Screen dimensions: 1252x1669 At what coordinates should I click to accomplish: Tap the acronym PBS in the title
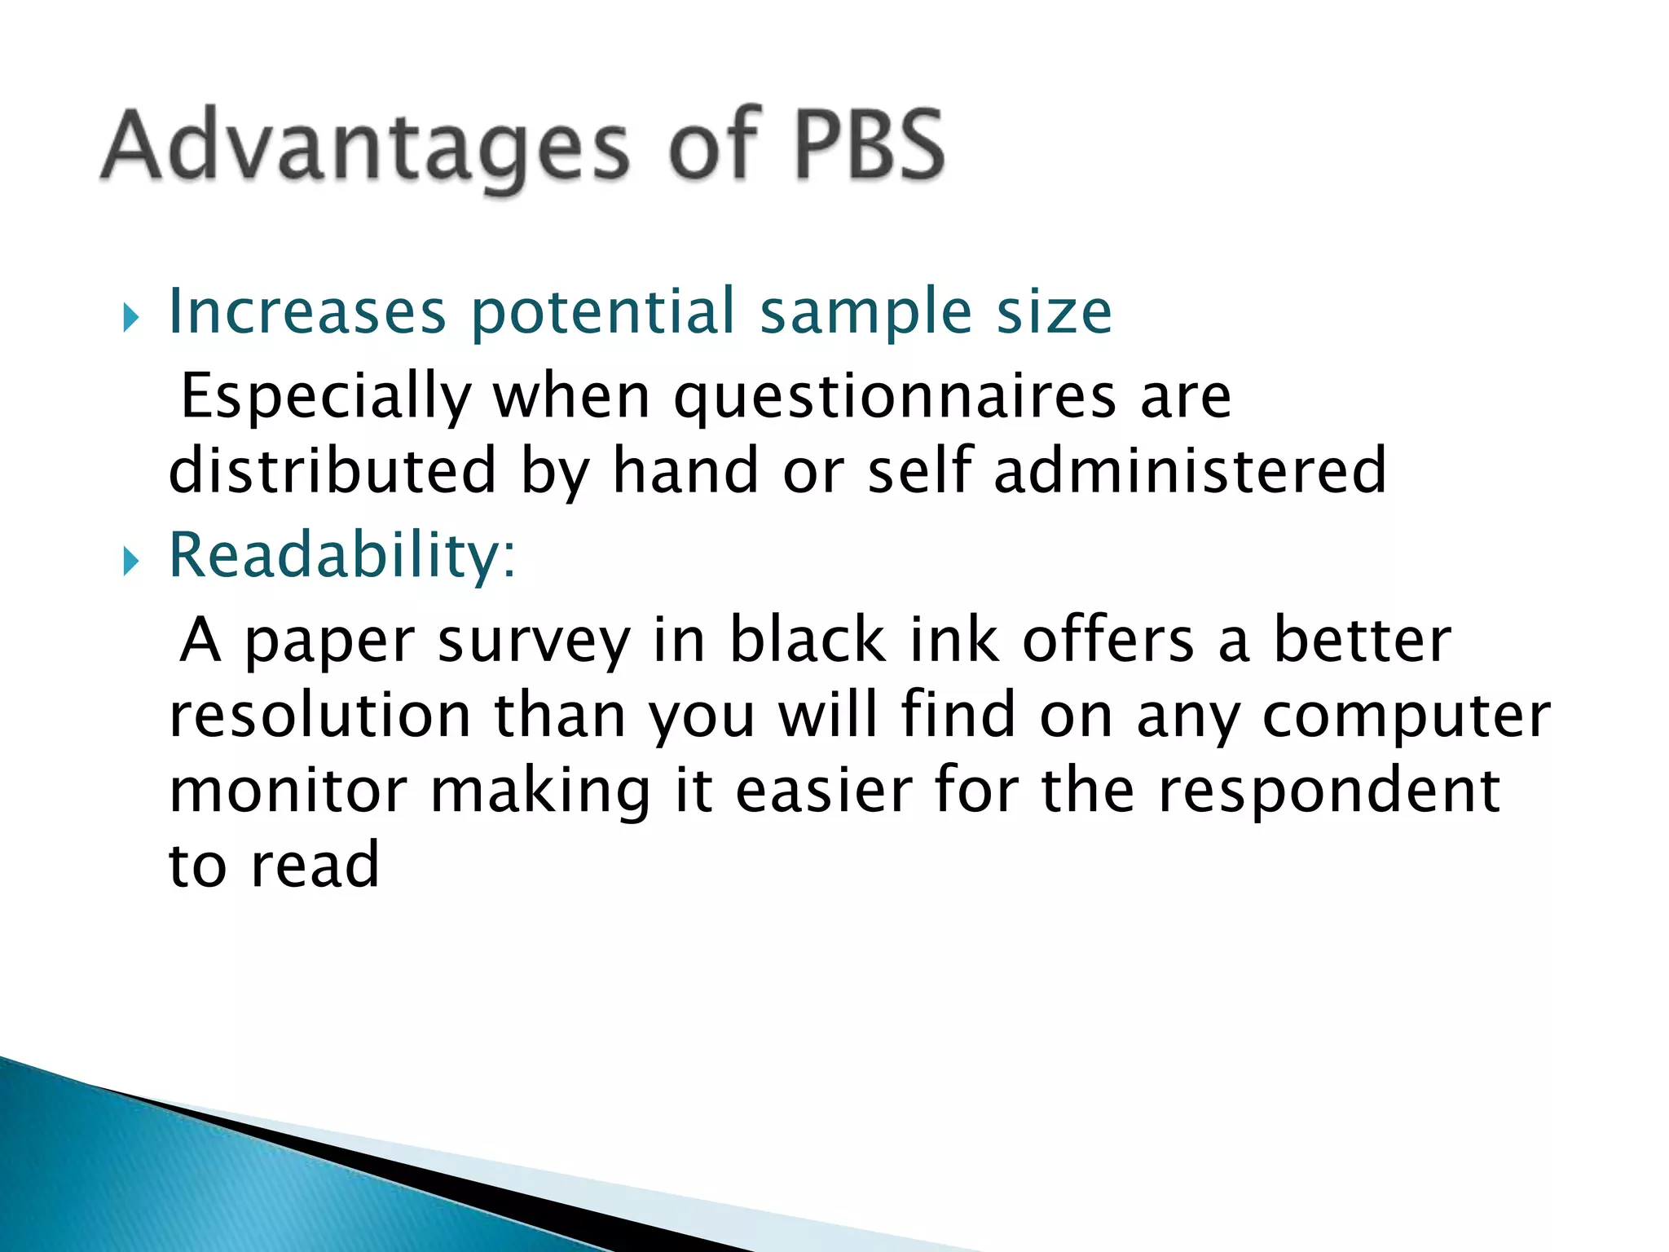[x=869, y=145]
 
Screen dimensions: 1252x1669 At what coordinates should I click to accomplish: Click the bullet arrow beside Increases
[x=130, y=317]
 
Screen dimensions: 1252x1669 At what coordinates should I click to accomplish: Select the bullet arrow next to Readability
[x=130, y=561]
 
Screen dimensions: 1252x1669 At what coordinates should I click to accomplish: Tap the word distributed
[x=332, y=471]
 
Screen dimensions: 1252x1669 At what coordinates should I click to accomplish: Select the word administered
[x=1190, y=471]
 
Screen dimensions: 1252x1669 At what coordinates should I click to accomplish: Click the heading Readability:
[x=342, y=556]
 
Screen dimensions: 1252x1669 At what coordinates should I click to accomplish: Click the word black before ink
[x=807, y=640]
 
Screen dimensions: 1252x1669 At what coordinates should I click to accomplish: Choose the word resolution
[x=320, y=716]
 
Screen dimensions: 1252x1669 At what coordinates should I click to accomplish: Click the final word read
[x=315, y=866]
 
